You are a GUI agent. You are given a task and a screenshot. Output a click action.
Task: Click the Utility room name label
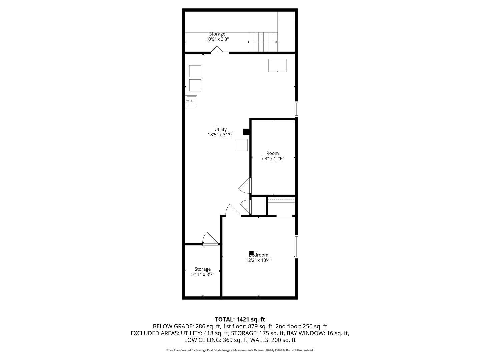[x=220, y=129]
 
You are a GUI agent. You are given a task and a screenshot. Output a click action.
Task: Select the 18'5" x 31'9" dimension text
[x=220, y=135]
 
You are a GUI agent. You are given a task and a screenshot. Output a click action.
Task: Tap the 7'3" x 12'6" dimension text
[x=272, y=159]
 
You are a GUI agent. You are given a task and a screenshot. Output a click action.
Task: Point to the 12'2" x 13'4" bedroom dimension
[x=258, y=260]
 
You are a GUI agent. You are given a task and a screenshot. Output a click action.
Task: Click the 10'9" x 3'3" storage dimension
[x=217, y=39]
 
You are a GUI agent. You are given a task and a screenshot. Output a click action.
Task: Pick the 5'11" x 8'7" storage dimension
[x=202, y=274]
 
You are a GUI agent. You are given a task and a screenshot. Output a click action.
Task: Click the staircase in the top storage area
[x=263, y=42]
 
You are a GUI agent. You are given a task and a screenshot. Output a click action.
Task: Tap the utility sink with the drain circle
[x=191, y=101]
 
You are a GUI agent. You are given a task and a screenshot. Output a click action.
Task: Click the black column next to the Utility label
[x=246, y=132]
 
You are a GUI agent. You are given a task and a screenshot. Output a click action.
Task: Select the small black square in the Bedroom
[x=251, y=253]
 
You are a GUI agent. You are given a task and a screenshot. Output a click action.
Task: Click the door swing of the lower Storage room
[x=209, y=239]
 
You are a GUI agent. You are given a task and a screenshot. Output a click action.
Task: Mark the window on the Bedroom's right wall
[x=296, y=247]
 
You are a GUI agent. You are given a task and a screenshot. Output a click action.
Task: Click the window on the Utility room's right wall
[x=296, y=109]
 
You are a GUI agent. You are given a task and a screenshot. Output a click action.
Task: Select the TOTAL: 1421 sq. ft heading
[x=240, y=319]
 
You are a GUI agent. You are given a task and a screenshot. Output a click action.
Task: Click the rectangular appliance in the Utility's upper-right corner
[x=277, y=65]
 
